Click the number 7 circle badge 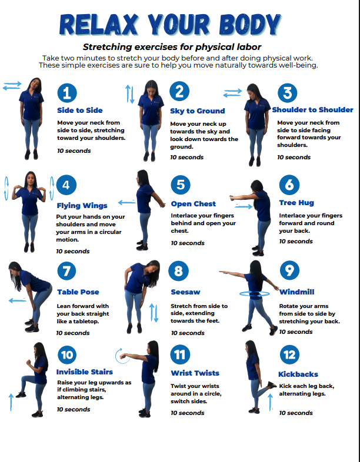[66, 271]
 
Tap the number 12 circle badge [289, 355]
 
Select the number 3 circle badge [288, 93]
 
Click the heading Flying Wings [82, 206]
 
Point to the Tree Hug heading [296, 203]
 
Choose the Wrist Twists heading [195, 373]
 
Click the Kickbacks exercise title [298, 374]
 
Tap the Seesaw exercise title [185, 292]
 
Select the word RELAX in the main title [99, 25]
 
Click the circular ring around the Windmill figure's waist [255, 294]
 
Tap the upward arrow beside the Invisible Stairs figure [11, 402]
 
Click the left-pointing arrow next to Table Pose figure [18, 301]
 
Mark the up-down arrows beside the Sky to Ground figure [130, 94]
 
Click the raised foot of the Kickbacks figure [272, 385]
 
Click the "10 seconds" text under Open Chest [188, 243]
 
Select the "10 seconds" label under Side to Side [74, 151]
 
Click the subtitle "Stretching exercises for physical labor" [172, 47]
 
